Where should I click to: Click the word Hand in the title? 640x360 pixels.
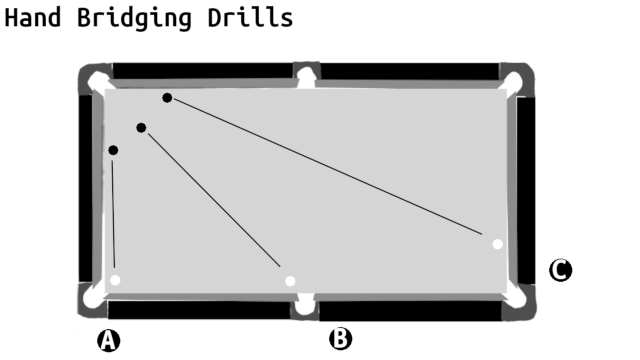pos(33,18)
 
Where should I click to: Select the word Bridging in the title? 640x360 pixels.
pos(134,19)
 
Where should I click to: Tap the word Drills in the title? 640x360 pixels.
pos(250,18)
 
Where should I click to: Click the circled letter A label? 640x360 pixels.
pos(109,340)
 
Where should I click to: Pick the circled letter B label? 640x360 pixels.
pos(340,339)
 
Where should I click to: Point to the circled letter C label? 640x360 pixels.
pos(560,270)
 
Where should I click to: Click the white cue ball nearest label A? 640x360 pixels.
pos(115,280)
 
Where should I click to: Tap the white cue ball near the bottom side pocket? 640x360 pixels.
pos(290,281)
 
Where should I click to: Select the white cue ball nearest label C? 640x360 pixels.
pos(497,244)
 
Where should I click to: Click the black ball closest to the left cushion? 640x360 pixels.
pos(113,151)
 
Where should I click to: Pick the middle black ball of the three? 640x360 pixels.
pos(141,128)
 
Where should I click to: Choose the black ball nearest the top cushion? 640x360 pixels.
pos(167,98)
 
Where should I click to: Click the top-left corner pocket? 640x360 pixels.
pos(97,80)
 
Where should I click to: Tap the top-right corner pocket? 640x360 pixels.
pos(513,82)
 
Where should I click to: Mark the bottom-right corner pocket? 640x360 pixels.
pos(515,296)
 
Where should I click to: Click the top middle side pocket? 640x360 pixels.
pos(307,78)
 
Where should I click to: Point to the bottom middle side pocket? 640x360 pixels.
pos(304,304)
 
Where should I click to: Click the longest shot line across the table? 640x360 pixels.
pos(328,167)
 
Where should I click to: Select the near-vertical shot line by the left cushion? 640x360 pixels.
pos(113,214)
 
